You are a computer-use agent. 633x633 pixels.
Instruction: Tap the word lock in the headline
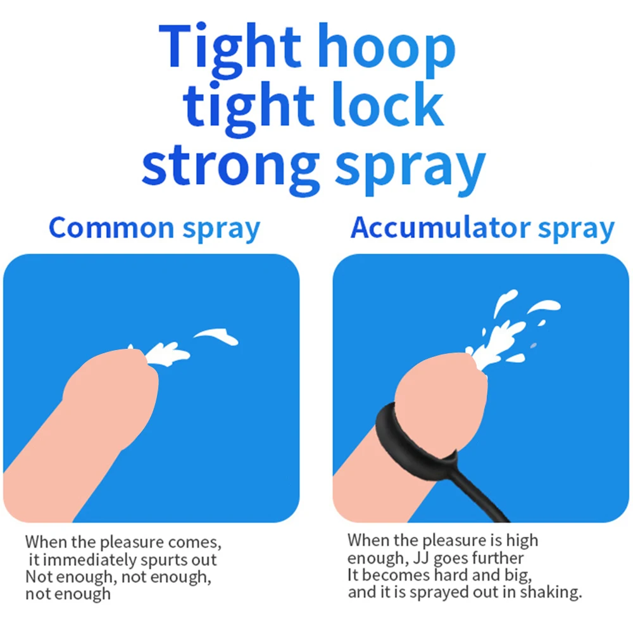pos(387,104)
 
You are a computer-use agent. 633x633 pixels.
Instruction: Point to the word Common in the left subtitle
pos(111,228)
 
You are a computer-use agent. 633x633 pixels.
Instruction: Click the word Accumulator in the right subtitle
pos(441,228)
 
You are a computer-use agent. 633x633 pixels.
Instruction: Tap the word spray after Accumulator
pos(576,230)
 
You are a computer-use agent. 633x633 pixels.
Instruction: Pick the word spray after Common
pos(221,230)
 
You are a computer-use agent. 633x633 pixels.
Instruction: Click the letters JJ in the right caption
pos(421,559)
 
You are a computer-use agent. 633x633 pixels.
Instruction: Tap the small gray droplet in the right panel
pos(533,346)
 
